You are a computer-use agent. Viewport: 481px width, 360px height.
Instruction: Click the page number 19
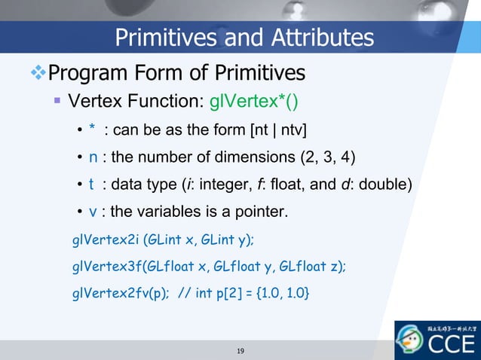(240, 351)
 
